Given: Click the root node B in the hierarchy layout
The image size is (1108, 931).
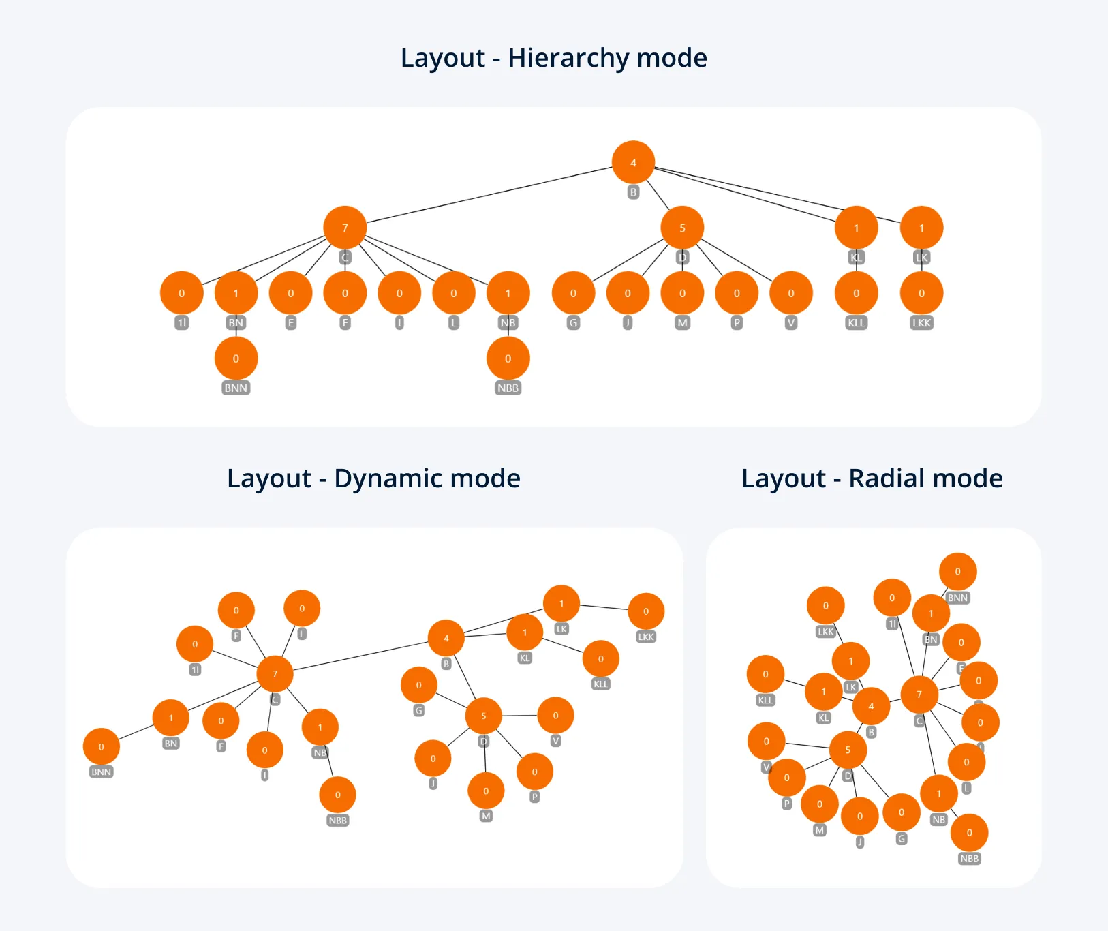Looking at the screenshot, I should pos(633,163).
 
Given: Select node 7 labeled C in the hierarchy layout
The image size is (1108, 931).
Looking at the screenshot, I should pos(345,228).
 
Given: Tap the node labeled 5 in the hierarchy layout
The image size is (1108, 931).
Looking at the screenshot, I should pos(682,228).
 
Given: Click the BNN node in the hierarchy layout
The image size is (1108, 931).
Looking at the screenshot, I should pos(236,358).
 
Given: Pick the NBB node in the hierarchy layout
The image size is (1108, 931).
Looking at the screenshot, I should pos(508,358).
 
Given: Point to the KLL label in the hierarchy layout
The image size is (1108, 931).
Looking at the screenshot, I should pos(857,323).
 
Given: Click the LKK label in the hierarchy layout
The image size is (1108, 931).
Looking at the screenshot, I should pos(921,323).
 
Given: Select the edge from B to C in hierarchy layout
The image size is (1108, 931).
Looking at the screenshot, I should pos(489,194).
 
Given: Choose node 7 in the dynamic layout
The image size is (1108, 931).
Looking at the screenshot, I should pos(275,674).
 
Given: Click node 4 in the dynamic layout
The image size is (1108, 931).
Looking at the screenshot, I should pos(446,639).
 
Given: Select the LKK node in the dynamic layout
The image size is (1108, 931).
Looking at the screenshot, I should pos(646,611).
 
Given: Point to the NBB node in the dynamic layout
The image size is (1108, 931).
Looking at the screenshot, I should pos(337,795).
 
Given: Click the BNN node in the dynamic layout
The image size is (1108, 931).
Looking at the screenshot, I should pos(102,747).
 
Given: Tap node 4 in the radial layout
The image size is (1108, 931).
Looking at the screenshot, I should pos(871,706).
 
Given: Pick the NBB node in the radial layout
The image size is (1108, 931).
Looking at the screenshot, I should pos(969,833).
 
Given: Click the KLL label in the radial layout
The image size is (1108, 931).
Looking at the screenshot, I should pos(766,701).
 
